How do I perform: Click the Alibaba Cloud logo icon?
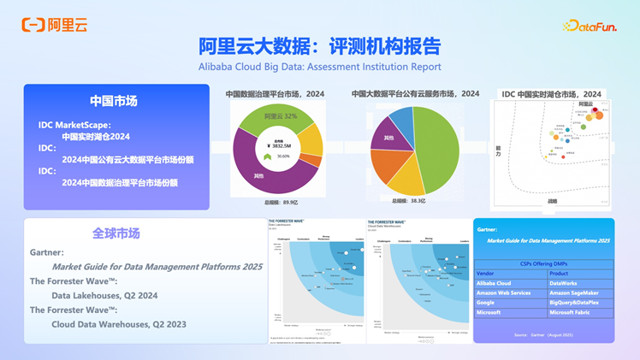pyautogui.click(x=32, y=25)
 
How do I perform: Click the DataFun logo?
pyautogui.click(x=590, y=26)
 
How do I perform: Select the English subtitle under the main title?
pyautogui.click(x=320, y=67)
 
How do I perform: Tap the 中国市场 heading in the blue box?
pyautogui.click(x=114, y=101)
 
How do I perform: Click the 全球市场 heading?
pyautogui.click(x=116, y=233)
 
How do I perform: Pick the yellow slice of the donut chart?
pyautogui.click(x=311, y=140)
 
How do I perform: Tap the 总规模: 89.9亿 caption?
pyautogui.click(x=276, y=202)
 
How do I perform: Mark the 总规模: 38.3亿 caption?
pyautogui.click(x=409, y=201)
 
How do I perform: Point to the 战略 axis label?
pyautogui.click(x=552, y=202)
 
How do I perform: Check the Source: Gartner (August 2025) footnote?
pyautogui.click(x=543, y=333)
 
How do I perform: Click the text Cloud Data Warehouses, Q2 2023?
pyautogui.click(x=118, y=324)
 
